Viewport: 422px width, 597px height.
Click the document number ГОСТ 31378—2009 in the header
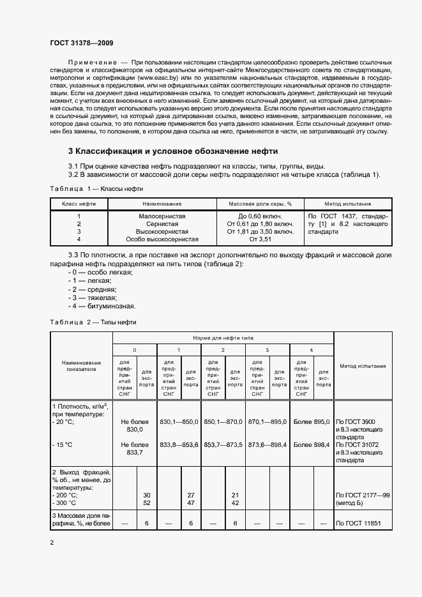[82, 43]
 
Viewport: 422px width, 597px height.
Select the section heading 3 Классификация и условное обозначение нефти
[173, 151]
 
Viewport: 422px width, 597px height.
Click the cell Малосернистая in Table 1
[162, 216]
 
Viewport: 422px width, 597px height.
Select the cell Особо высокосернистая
[162, 239]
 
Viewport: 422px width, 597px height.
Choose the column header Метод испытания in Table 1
[347, 204]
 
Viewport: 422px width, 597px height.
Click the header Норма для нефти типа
[223, 336]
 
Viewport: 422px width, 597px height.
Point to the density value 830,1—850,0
[179, 422]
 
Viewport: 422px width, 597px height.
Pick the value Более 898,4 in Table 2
[312, 444]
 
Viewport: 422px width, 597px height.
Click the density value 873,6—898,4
[268, 444]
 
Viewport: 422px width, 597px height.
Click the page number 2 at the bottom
[52, 543]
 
